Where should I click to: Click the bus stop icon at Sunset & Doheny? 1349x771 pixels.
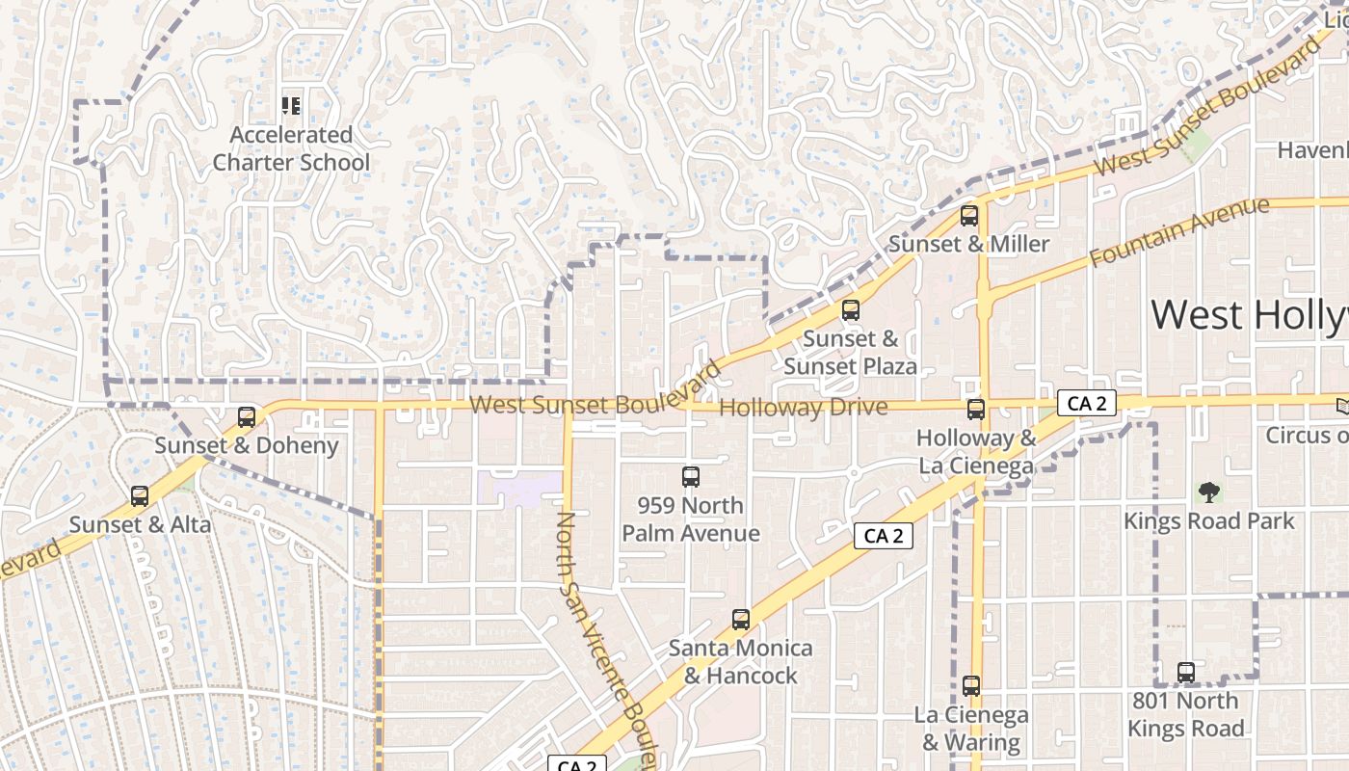tap(247, 417)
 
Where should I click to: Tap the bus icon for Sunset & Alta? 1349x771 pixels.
tap(140, 496)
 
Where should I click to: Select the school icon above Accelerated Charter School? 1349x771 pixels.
tap(290, 106)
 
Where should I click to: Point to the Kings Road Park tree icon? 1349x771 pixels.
tap(1208, 492)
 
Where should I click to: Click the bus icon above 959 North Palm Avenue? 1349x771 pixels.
tap(690, 476)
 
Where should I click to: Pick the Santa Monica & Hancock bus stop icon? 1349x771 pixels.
tap(740, 620)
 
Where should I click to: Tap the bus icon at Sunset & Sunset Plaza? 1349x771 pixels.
tap(850, 310)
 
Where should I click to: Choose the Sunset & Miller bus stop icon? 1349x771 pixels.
tap(969, 216)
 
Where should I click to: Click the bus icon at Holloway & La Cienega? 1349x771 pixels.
tap(976, 410)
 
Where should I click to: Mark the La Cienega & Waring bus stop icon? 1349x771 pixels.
tap(971, 686)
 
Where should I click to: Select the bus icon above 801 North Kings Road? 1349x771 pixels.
tap(1186, 673)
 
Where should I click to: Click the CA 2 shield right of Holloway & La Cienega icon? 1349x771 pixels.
tap(1087, 403)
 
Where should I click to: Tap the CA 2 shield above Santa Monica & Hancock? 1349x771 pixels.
tap(883, 536)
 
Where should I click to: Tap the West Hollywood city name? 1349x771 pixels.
tap(1249, 316)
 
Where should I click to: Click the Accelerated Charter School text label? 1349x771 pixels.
tap(290, 148)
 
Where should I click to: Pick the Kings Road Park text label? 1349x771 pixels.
tap(1208, 521)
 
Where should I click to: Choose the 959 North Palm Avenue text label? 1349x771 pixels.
tap(690, 519)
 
